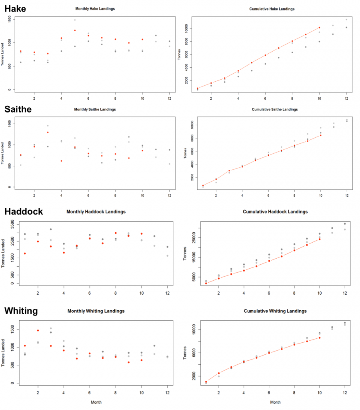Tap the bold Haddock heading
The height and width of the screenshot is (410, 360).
[23, 212]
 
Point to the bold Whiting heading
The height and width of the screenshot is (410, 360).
[21, 311]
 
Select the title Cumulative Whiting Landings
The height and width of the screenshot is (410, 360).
[274, 311]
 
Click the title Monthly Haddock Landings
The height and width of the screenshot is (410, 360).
[96, 212]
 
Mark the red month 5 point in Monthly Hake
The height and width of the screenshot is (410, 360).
[75, 30]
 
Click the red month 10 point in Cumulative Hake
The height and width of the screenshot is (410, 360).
[320, 28]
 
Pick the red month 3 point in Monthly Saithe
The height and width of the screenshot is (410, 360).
[48, 132]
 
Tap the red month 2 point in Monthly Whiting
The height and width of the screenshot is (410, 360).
[38, 330]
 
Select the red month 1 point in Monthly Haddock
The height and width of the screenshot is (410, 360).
[25, 253]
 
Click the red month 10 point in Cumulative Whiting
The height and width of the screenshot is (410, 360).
[320, 338]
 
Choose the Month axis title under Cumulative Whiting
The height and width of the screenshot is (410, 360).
[275, 402]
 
